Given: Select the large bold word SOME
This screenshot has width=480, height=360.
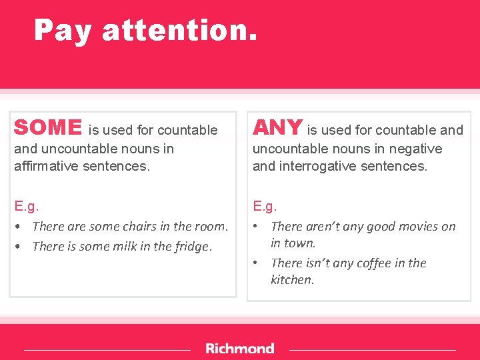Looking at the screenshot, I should [x=47, y=127].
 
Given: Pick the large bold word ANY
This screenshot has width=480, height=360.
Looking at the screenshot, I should [x=277, y=127].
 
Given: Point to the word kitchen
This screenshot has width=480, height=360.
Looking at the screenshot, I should [x=291, y=280].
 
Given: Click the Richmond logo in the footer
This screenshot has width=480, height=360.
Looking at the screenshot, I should [x=239, y=349].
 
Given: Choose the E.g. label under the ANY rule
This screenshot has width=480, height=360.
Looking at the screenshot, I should [x=265, y=207].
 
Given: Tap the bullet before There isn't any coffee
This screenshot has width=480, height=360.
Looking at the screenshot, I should [x=256, y=263].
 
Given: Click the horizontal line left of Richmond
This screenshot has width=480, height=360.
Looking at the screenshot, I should [x=107, y=349].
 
